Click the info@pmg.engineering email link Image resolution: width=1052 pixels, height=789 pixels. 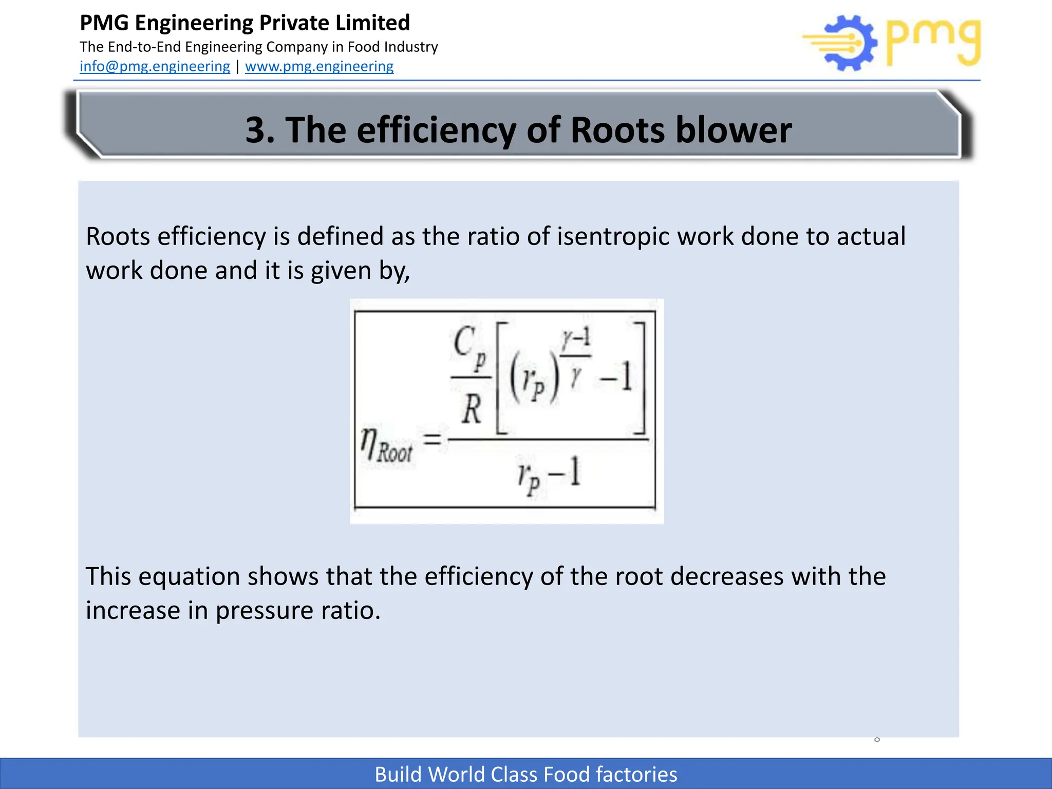[x=155, y=66]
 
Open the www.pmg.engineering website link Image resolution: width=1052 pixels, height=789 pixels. [x=319, y=66]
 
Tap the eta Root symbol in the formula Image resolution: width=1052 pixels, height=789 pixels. [x=387, y=445]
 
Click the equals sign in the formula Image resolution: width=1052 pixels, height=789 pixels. [x=432, y=439]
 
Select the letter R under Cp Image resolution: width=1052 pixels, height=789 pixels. [x=471, y=410]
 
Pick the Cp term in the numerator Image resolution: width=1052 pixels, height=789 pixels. [x=469, y=345]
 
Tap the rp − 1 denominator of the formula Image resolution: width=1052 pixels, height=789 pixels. [x=549, y=474]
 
